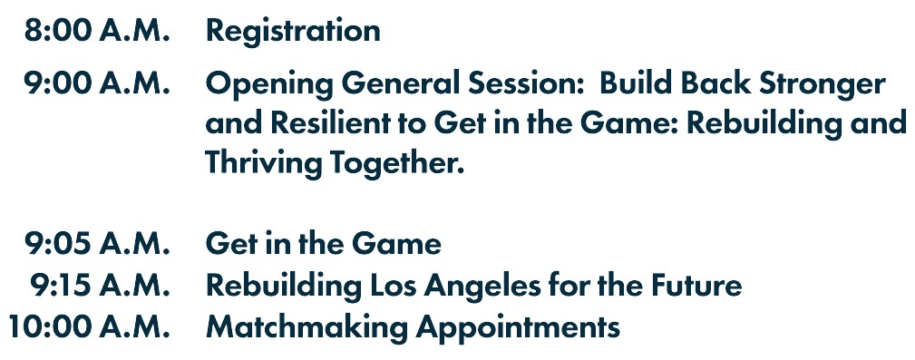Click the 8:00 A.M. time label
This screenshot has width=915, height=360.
[97, 30]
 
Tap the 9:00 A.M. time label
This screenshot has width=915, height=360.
[97, 83]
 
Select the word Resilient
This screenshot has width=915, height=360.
[347, 122]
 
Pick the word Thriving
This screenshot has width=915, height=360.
[263, 163]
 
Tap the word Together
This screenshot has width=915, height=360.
[397, 163]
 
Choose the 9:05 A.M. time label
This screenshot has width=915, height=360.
[97, 244]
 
